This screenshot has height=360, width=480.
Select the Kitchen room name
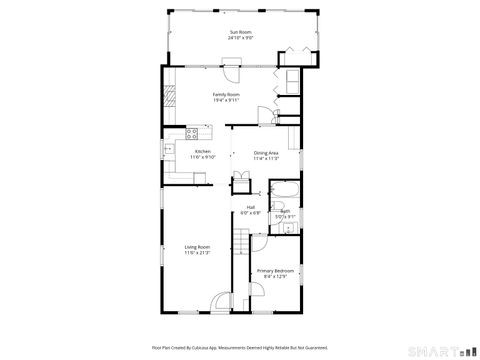click(203, 151)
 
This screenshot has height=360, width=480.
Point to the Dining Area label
click(265, 152)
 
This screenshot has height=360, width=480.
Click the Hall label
click(250, 207)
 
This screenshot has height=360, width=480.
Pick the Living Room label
click(197, 247)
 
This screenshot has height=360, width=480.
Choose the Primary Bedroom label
click(274, 270)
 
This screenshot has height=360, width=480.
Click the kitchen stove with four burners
click(193, 132)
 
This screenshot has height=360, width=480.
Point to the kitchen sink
click(170, 151)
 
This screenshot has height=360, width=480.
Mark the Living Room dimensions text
click(197, 253)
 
